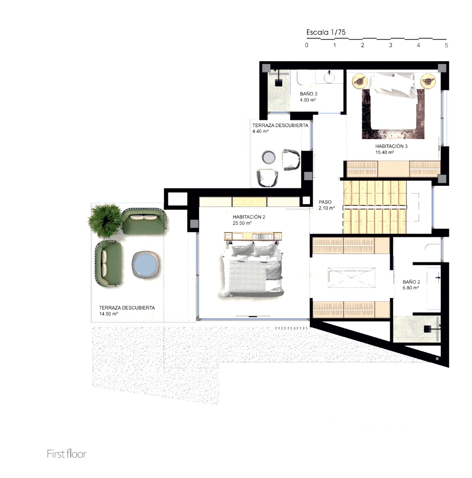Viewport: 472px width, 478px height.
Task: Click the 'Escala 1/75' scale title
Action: [x=326, y=32]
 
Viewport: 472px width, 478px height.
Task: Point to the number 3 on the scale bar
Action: [x=390, y=45]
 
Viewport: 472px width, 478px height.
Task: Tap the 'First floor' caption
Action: [x=67, y=454]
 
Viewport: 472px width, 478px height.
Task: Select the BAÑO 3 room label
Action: [x=308, y=94]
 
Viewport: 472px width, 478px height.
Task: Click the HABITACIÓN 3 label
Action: [x=391, y=146]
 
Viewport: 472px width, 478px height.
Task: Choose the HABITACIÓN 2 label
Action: [x=249, y=217]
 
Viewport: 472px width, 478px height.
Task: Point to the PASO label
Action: [x=325, y=202]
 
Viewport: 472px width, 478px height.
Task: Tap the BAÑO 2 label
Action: [x=411, y=282]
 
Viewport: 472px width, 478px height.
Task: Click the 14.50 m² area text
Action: [x=108, y=314]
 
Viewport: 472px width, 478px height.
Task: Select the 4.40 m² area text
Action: [x=260, y=131]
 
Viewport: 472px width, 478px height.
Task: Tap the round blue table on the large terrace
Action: [x=146, y=265]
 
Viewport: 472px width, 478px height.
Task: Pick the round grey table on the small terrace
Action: [x=269, y=157]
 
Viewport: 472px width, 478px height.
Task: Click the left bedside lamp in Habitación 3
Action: [x=360, y=81]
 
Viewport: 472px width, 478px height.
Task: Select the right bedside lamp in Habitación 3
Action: [x=428, y=81]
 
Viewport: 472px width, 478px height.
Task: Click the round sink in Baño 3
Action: [x=329, y=78]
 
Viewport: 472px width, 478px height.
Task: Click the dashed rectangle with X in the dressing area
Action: [x=351, y=277]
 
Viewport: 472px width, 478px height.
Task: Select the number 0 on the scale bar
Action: [x=306, y=45]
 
